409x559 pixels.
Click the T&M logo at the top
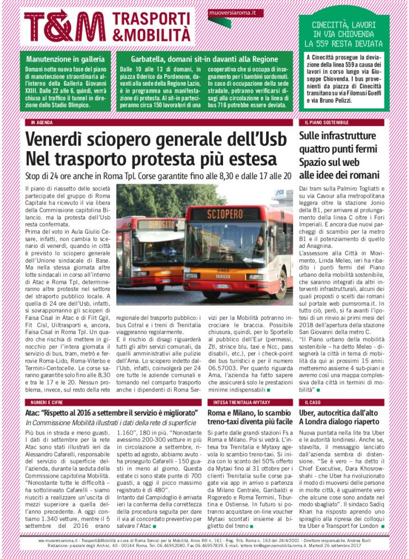click(65, 26)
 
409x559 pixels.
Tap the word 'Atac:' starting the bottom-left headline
click(35, 413)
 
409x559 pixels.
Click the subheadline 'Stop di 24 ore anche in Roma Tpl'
click(158, 177)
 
